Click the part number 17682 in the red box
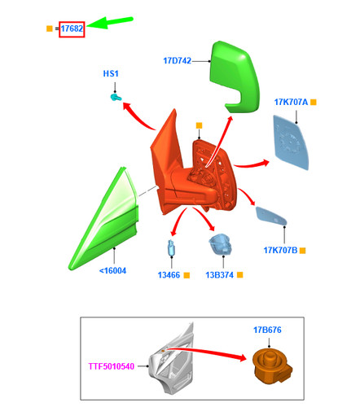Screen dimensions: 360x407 click(72, 28)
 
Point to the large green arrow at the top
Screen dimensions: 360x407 click(110, 23)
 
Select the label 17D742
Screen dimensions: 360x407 click(177, 61)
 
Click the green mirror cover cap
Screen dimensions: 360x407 click(235, 77)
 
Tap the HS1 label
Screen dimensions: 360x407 click(111, 73)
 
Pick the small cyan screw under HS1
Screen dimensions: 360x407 click(116, 97)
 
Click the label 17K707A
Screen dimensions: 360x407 click(291, 103)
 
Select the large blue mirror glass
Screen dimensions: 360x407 click(291, 142)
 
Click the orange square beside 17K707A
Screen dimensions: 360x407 click(314, 103)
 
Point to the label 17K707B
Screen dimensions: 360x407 click(280, 250)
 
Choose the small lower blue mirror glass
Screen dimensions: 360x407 click(271, 216)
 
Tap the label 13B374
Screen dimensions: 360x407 click(219, 275)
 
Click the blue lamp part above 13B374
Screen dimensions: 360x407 click(220, 244)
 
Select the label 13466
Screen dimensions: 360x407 click(169, 275)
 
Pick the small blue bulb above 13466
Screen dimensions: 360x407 click(171, 248)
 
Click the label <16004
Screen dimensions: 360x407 click(112, 271)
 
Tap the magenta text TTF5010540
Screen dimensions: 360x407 click(112, 366)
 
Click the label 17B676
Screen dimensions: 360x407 click(267, 330)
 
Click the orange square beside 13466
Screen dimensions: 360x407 click(187, 275)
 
